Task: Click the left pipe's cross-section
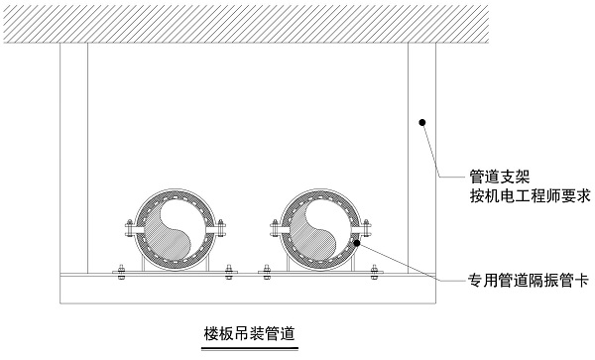176,227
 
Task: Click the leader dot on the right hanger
422,123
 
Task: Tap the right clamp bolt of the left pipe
224,229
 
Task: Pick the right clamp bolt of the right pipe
368,229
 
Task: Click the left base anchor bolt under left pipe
119,272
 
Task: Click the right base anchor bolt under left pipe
232,272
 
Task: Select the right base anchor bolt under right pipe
377,272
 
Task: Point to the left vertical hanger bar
73,159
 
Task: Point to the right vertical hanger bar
422,159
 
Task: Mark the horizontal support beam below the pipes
248,290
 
